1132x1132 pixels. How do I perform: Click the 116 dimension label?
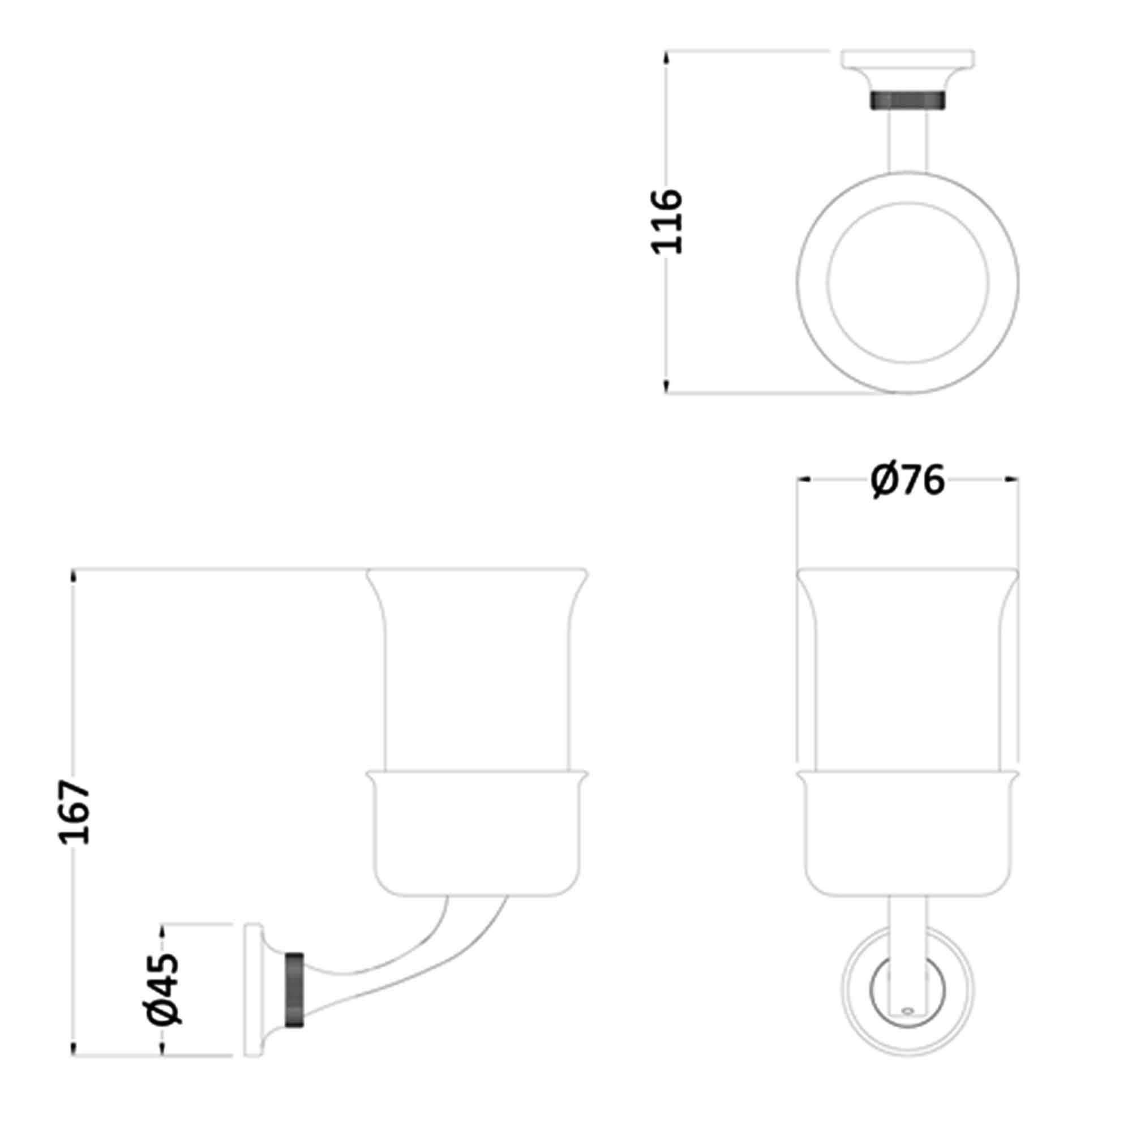point(668,221)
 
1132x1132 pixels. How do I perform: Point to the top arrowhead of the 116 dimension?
point(666,56)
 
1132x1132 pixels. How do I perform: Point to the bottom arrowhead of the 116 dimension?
point(666,387)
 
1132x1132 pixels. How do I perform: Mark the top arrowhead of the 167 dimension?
point(74,575)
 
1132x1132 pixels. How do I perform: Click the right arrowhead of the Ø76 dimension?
point(1012,480)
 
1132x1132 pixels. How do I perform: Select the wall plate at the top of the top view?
point(908,59)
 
